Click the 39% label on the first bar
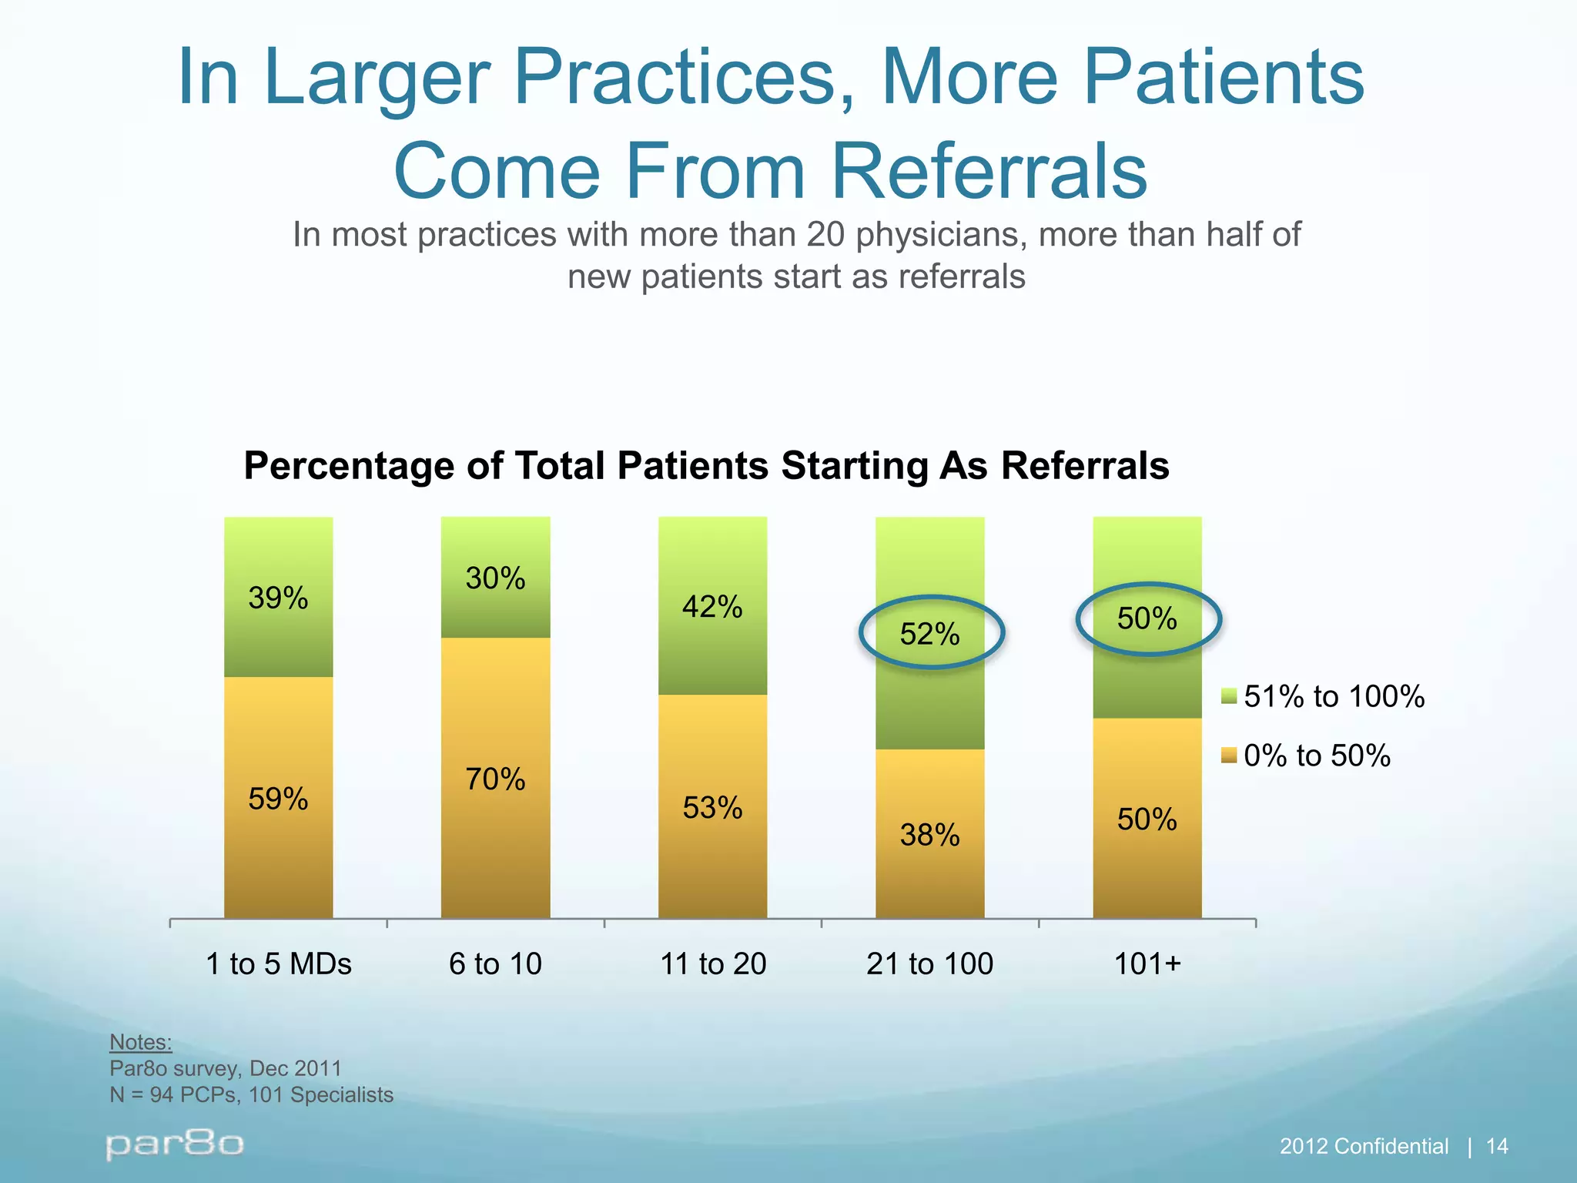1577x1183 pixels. [x=278, y=598]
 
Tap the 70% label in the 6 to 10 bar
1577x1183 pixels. [x=495, y=779]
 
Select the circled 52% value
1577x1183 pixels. [x=930, y=635]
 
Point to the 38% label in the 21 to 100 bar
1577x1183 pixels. [x=930, y=835]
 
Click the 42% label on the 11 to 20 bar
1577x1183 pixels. [x=712, y=608]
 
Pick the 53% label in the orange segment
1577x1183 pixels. [x=712, y=808]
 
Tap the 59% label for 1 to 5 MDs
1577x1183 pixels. [x=278, y=799]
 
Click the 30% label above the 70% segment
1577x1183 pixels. [x=495, y=578]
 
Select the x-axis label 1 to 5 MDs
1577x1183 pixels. [x=279, y=964]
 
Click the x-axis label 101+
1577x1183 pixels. [x=1147, y=964]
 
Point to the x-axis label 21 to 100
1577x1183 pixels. [x=930, y=964]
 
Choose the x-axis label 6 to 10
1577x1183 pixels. [x=495, y=964]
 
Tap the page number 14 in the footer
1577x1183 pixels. [x=1496, y=1147]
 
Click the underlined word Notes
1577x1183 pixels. [x=140, y=1042]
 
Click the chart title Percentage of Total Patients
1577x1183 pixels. [x=706, y=466]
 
